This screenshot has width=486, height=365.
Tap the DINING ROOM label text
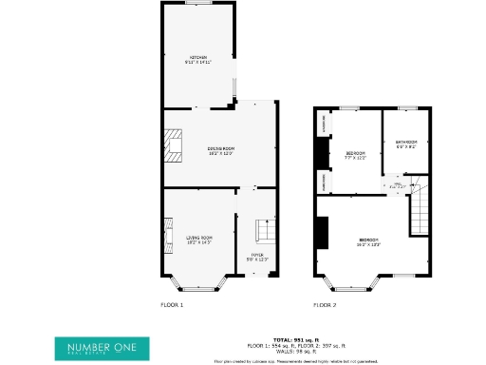click(x=221, y=150)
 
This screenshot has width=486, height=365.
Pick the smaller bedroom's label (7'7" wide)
click(x=356, y=154)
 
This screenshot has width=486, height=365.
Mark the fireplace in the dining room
click(x=170, y=145)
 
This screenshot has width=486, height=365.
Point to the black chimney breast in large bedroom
click(x=322, y=231)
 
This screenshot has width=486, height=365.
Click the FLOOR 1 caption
click(x=171, y=305)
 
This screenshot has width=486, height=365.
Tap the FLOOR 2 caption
click(x=325, y=305)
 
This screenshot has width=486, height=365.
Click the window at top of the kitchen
click(x=198, y=4)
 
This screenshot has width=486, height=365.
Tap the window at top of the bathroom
click(x=406, y=108)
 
